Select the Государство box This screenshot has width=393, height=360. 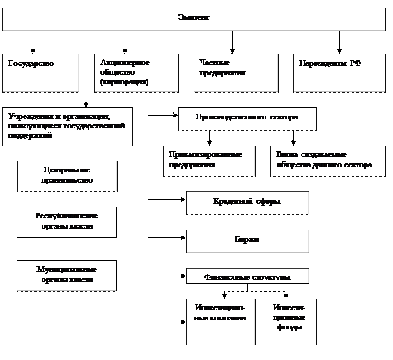click(x=40, y=72)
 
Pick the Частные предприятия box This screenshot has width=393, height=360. click(x=236, y=72)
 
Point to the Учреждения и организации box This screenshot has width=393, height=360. click(x=67, y=126)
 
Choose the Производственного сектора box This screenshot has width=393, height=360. click(x=247, y=118)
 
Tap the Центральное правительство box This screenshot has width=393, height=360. click(x=67, y=176)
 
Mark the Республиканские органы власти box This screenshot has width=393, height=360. click(x=67, y=221)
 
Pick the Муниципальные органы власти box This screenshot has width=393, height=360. click(x=67, y=275)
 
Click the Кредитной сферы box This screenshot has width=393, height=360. click(x=247, y=202)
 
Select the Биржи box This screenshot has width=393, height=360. click(x=247, y=241)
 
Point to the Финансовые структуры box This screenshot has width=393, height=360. click(x=247, y=276)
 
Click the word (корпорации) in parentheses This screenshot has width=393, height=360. click(x=125, y=82)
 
